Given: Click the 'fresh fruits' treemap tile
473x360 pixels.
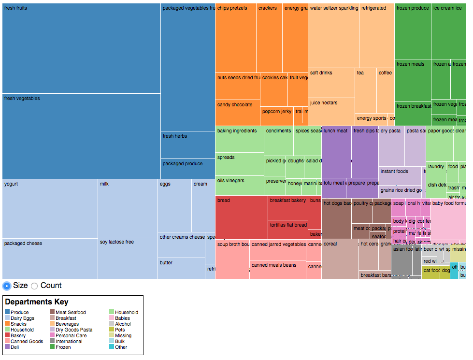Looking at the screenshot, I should point(81,48).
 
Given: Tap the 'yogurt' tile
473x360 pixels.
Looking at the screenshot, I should point(50,208).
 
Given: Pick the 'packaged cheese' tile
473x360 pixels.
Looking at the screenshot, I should point(50,259).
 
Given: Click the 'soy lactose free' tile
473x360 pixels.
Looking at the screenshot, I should point(128,258).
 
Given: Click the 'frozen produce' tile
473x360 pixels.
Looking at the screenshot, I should point(413,31).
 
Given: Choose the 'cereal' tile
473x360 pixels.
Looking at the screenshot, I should point(340,259).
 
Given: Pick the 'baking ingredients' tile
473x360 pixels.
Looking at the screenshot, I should point(239,139).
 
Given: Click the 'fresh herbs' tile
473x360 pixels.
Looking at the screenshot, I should point(187,144).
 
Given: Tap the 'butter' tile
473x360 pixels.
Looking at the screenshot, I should point(181,269).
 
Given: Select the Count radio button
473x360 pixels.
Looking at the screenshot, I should point(34,286).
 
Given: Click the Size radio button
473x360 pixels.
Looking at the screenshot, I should point(7,286).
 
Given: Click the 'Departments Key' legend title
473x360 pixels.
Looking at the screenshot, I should point(37,302).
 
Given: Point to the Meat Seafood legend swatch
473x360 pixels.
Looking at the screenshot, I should point(52,313).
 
